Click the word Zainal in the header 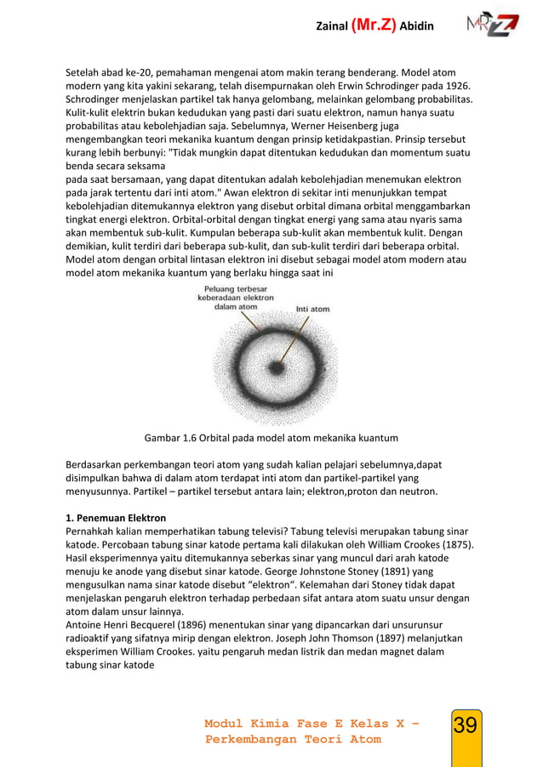(x=332, y=26)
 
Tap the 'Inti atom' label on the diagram (x=312, y=309)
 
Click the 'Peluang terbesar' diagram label (x=237, y=289)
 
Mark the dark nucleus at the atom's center (x=276, y=367)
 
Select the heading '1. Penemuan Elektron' (x=116, y=517)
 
